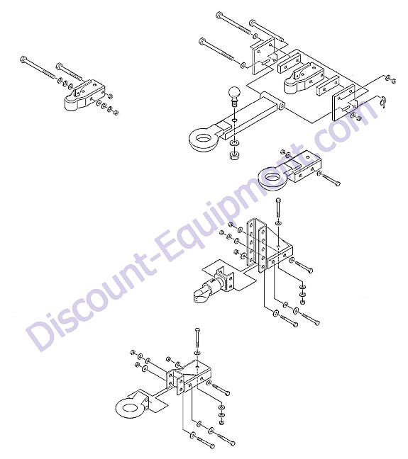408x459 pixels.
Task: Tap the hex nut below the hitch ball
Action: tap(233, 154)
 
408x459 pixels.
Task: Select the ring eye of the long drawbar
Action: tap(202, 139)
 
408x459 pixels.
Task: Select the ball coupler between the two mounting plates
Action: tap(304, 78)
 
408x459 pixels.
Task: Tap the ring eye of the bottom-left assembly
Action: tap(128, 408)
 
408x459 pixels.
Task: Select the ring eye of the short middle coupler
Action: tap(272, 178)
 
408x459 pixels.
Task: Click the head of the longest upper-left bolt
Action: tap(23, 59)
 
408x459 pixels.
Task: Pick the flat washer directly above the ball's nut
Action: tap(234, 144)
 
